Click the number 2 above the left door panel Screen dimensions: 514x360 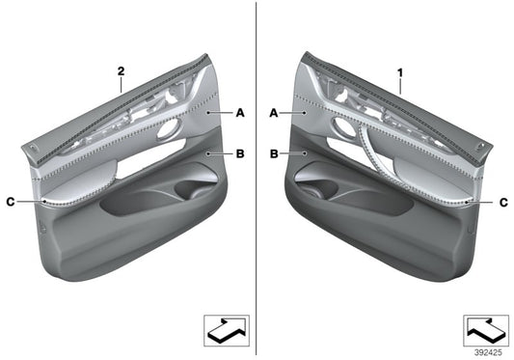pyautogui.click(x=122, y=70)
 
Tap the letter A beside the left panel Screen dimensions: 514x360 pyautogui.click(x=240, y=113)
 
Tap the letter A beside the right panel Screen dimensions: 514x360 pyautogui.click(x=274, y=113)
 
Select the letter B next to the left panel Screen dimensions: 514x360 pyautogui.click(x=240, y=153)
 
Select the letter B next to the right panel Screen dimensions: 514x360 pyautogui.click(x=274, y=153)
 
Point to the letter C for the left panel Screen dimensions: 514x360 pyautogui.click(x=10, y=202)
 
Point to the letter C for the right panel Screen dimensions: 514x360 pyautogui.click(x=503, y=202)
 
